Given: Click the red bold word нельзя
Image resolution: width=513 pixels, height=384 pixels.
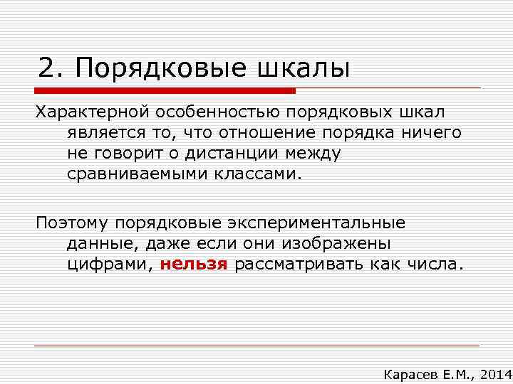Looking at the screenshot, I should [x=194, y=264].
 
